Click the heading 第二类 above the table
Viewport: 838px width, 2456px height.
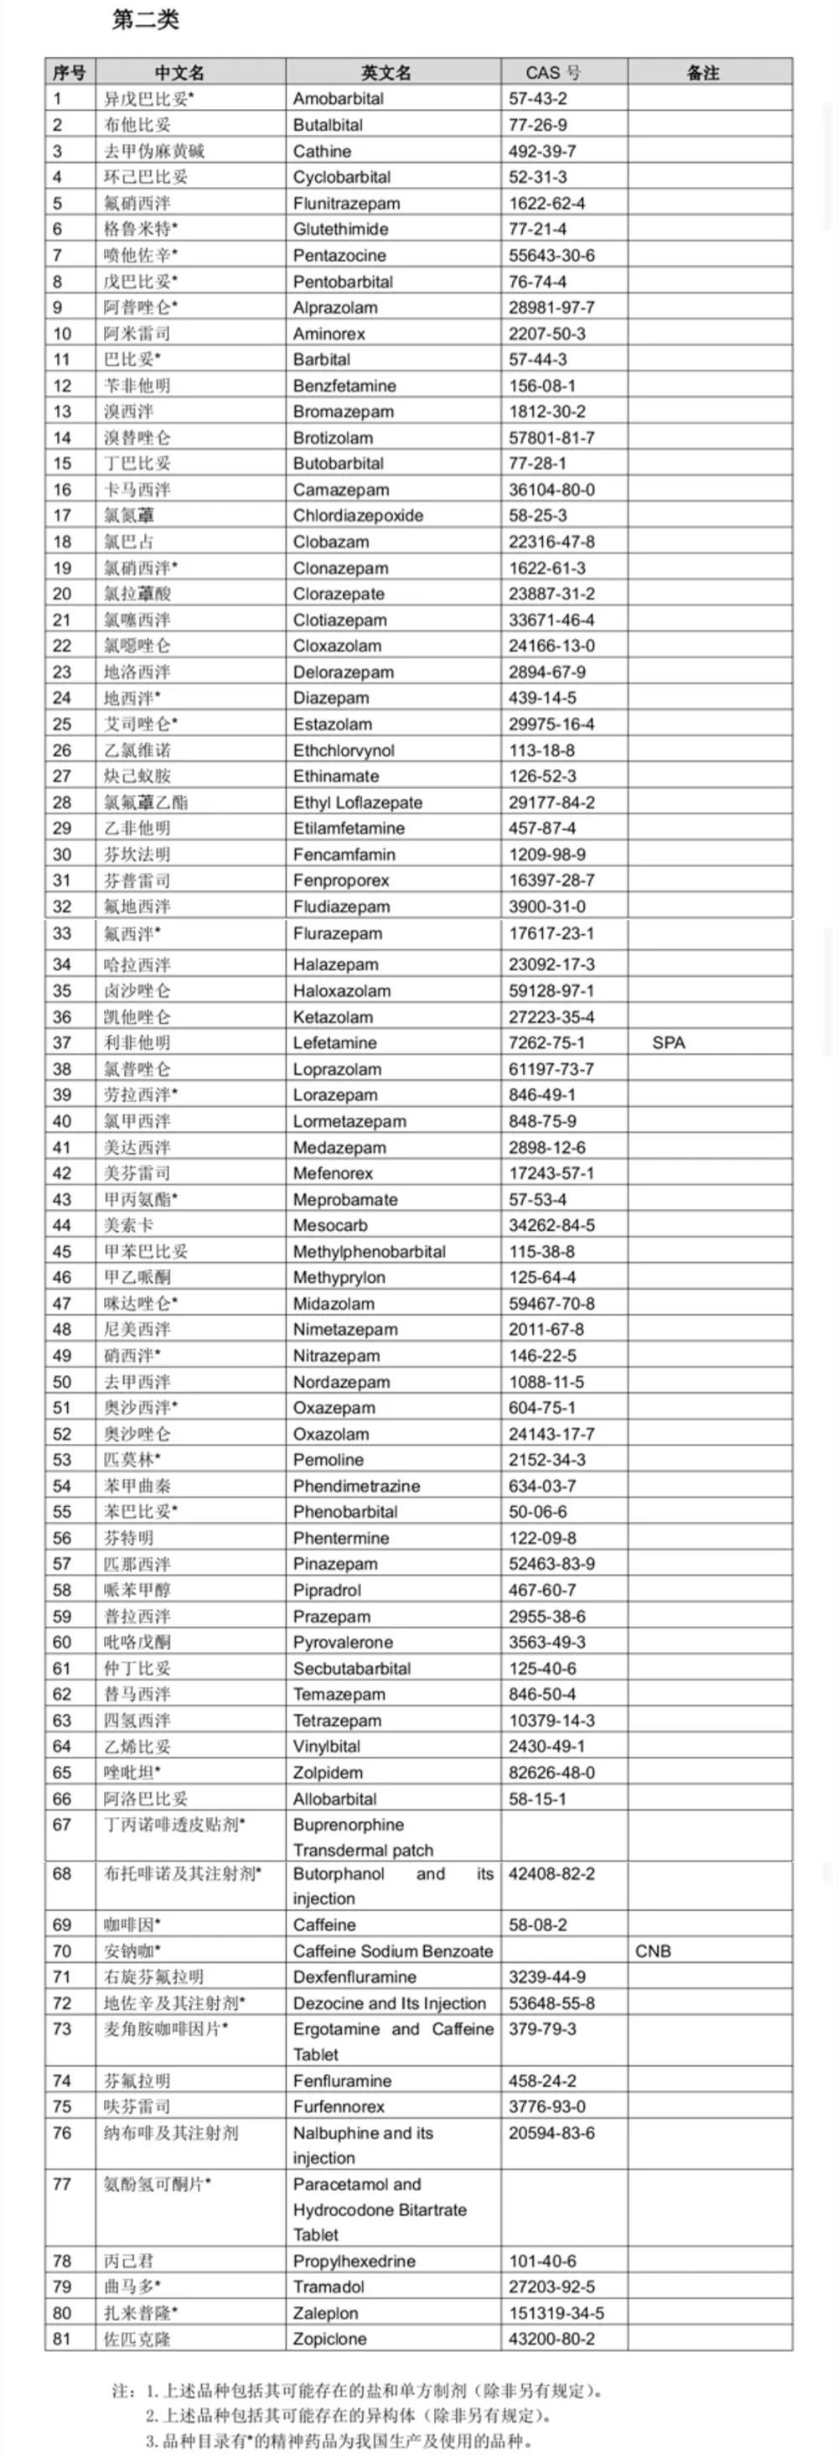tap(145, 20)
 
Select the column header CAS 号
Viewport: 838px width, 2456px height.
tap(553, 72)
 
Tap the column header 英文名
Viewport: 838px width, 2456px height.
tap(386, 72)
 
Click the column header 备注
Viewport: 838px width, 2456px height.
tap(702, 72)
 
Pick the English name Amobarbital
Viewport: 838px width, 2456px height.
tap(339, 98)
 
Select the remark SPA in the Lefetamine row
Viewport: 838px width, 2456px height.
tap(668, 1042)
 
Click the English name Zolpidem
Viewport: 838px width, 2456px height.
tap(328, 1773)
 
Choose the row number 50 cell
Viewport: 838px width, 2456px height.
tap(62, 1382)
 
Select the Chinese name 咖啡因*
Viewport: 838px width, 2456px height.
tap(132, 1924)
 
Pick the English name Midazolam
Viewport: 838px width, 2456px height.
tap(334, 1303)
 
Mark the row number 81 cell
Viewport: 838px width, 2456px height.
tap(62, 2339)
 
